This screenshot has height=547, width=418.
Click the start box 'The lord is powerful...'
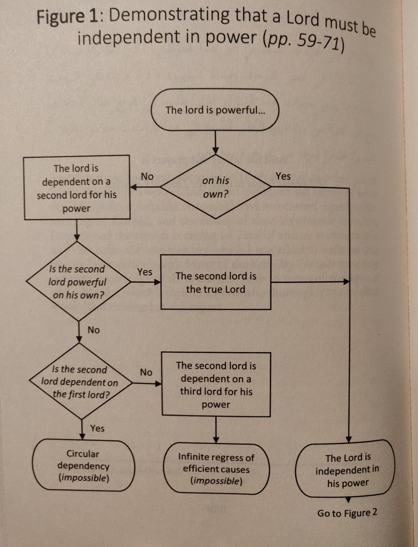click(214, 110)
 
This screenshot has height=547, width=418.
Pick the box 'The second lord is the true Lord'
click(216, 282)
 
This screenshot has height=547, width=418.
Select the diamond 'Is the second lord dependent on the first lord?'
click(80, 382)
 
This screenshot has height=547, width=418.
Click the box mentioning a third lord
click(216, 384)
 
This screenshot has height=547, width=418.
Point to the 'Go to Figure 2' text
click(347, 513)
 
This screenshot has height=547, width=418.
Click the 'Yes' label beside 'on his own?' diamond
click(283, 176)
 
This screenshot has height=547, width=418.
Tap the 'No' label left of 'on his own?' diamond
click(147, 176)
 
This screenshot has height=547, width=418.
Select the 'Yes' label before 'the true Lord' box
click(144, 272)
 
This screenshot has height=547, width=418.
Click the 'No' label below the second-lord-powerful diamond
click(93, 330)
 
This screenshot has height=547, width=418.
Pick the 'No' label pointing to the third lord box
click(146, 372)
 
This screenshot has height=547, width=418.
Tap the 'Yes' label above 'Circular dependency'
click(97, 428)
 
